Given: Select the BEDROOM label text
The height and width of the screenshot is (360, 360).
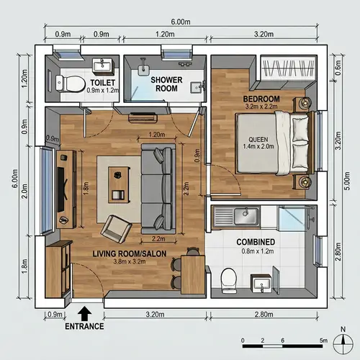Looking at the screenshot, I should pos(261,97).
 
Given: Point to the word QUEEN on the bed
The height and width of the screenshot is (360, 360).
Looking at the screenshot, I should pos(258,140).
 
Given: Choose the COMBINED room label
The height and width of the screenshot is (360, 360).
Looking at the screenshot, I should pos(256,242).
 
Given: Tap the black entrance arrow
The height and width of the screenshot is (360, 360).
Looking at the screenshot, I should pos(84,313).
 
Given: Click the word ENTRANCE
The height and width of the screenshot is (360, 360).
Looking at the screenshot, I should pos(84,326).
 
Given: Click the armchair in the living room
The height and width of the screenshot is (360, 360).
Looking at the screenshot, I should pos(115,229).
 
